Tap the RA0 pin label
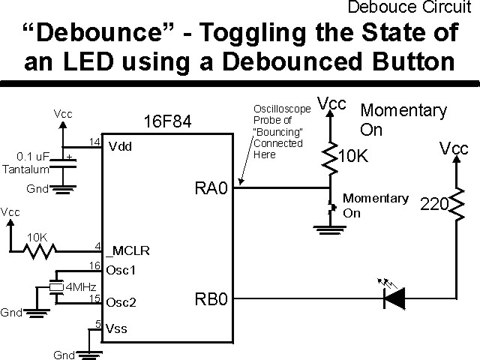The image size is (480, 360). coord(211,187)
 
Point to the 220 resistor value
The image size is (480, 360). coord(433,204)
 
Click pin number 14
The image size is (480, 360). coord(94,142)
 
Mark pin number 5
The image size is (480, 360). coord(97,324)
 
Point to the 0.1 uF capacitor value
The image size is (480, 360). coord(32,157)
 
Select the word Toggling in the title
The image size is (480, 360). coord(223,34)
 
